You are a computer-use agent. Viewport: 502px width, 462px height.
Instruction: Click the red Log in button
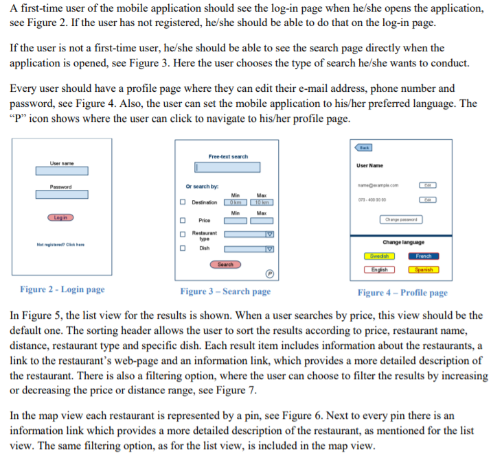point(61,217)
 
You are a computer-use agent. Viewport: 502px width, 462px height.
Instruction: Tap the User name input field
point(62,171)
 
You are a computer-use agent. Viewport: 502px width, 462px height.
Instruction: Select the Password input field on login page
point(62,195)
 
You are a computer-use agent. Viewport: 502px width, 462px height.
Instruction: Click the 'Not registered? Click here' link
point(60,245)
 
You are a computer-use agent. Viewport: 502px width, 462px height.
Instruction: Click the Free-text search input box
point(227,167)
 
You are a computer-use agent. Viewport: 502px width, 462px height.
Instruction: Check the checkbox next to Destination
point(183,202)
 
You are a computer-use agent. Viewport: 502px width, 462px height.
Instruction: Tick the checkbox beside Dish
point(183,248)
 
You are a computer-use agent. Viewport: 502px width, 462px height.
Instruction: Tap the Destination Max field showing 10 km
point(262,202)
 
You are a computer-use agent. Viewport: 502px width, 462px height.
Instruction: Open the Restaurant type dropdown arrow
point(270,234)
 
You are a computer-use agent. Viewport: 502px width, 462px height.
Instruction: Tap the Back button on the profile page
point(363,147)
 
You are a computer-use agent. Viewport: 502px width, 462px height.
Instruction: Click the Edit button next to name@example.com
point(427,185)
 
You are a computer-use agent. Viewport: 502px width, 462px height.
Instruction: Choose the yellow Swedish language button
point(379,256)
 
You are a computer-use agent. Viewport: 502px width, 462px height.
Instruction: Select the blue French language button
point(424,256)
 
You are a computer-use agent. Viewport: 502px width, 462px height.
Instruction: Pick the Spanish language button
point(424,269)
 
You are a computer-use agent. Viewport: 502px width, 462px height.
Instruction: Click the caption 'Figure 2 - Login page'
point(62,290)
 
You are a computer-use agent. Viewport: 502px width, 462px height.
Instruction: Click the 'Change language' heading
point(403,243)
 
